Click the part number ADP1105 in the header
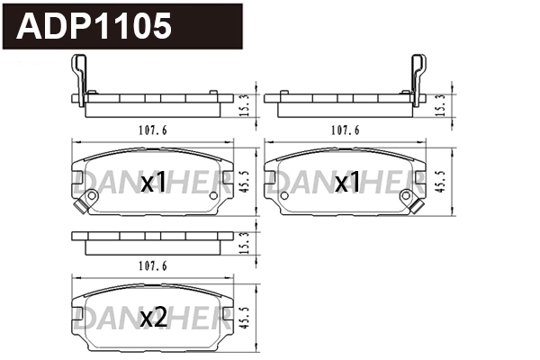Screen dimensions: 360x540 point(94,27)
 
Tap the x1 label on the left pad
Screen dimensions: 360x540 point(154,184)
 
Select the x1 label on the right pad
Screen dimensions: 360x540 point(346,184)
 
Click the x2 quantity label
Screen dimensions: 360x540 point(154,317)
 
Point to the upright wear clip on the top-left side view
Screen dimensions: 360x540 point(78,79)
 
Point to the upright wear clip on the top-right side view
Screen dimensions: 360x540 point(419,79)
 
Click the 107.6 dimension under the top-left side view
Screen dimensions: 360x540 point(151,130)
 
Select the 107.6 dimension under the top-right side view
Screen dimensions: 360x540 point(345,130)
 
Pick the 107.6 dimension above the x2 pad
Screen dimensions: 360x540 point(151,265)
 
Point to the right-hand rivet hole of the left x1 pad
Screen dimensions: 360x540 point(213,196)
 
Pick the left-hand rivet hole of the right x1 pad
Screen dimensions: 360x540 point(286,196)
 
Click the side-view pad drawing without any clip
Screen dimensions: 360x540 point(150,240)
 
